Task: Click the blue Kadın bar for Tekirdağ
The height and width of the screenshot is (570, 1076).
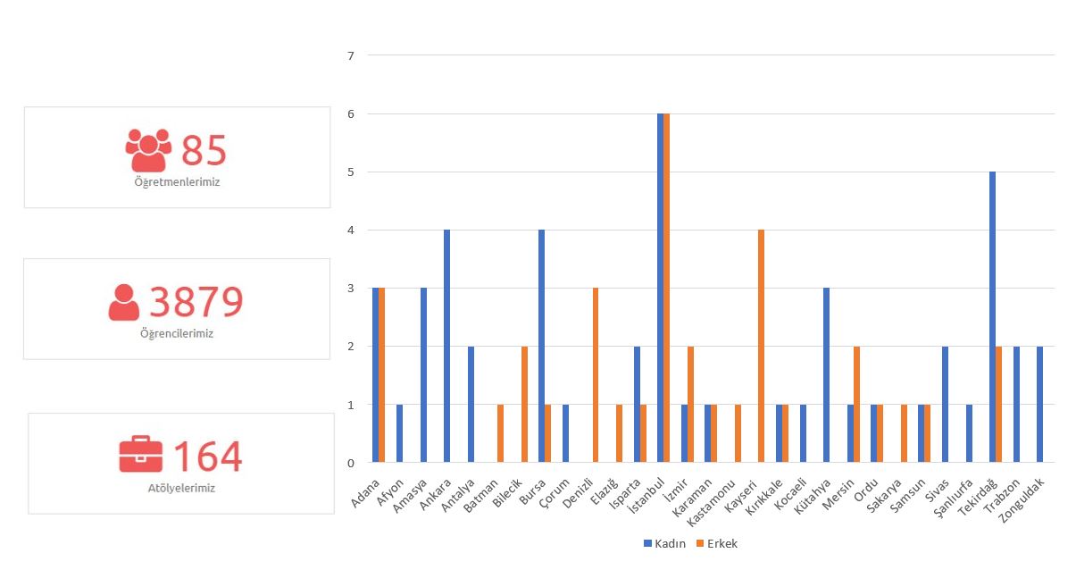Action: tap(992, 317)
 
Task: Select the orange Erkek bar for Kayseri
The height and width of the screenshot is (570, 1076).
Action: tap(761, 346)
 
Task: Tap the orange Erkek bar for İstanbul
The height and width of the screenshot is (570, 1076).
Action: tap(666, 288)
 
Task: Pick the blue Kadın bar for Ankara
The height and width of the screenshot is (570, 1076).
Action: tap(446, 346)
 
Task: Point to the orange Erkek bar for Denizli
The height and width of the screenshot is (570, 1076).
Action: tap(596, 375)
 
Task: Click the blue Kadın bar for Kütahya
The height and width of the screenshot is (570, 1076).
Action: tap(827, 375)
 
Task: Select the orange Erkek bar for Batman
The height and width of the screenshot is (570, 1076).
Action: tap(501, 433)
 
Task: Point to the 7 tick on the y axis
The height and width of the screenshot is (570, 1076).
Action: tap(351, 55)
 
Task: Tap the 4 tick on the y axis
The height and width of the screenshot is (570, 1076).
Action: tap(351, 231)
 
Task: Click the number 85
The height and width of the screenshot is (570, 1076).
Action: tap(204, 151)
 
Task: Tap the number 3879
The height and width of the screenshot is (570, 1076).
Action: tap(196, 302)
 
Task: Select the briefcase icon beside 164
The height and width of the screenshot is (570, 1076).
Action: tap(141, 454)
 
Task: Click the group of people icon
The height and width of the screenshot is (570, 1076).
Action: tap(148, 150)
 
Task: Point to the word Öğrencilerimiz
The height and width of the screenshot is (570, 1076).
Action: tap(177, 334)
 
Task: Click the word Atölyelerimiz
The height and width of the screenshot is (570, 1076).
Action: tap(181, 489)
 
